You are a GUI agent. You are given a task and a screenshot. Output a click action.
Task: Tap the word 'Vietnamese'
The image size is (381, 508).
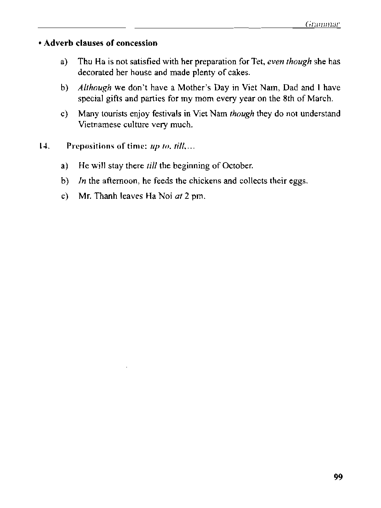tap(99, 125)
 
